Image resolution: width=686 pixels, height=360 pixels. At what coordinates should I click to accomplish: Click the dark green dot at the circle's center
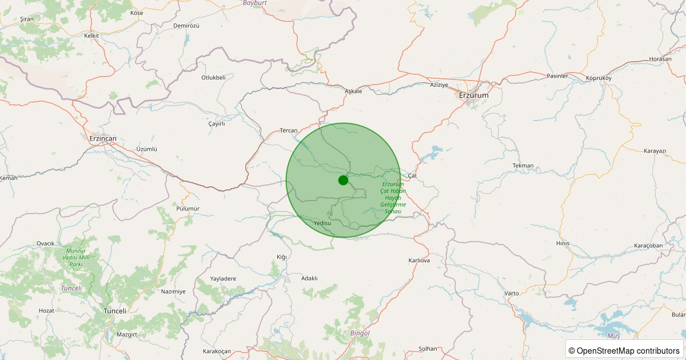tap(343, 180)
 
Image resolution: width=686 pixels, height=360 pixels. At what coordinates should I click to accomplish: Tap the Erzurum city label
tap(474, 95)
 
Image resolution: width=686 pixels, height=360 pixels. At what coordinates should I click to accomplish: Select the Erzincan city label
tap(103, 139)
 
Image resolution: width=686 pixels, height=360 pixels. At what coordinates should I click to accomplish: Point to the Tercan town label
tap(289, 130)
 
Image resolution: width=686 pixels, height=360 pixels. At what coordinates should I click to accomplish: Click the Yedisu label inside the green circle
tap(322, 223)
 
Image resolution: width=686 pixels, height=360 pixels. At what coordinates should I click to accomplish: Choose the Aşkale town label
tap(354, 91)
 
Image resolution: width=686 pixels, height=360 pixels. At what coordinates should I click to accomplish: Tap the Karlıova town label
tap(419, 261)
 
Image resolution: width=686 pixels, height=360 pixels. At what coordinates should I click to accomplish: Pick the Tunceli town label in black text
tap(114, 310)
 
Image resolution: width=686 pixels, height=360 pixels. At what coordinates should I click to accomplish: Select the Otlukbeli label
tap(214, 77)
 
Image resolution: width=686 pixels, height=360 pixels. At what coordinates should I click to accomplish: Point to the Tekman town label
tap(523, 166)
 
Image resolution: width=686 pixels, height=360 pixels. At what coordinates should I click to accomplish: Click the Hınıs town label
tap(563, 243)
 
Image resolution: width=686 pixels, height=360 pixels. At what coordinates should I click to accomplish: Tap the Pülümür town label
tap(188, 209)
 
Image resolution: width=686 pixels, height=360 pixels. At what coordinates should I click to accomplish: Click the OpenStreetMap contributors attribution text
tap(624, 350)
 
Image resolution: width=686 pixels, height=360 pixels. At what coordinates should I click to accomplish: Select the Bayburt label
tap(255, 3)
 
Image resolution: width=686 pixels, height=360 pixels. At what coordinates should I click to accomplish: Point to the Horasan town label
tap(660, 59)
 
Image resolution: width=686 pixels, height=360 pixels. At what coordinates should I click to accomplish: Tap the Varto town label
tap(512, 293)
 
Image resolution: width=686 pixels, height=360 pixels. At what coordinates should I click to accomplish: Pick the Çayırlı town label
tap(217, 123)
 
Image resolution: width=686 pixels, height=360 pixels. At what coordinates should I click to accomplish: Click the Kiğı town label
tap(281, 257)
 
